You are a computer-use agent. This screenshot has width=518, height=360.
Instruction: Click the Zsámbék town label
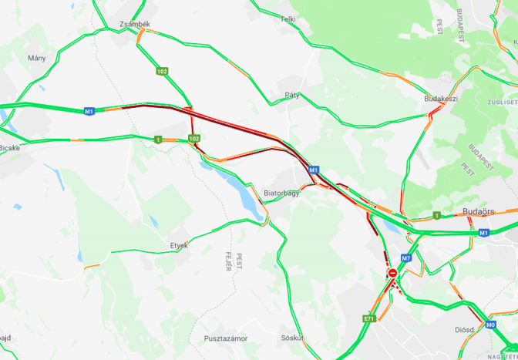[x=135, y=25]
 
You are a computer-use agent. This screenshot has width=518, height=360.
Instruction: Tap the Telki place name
[x=288, y=19]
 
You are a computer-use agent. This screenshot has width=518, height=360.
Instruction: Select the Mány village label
[x=36, y=58]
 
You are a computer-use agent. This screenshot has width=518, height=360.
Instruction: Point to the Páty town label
[x=292, y=95]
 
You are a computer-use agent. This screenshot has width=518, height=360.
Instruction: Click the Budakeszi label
[x=441, y=99]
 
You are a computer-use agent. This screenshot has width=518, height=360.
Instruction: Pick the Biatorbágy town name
[x=281, y=193]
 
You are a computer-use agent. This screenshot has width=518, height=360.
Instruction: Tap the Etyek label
[x=179, y=245]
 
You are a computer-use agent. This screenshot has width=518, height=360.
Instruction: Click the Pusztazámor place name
[x=225, y=338]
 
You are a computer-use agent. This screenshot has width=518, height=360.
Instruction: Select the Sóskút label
[x=291, y=338]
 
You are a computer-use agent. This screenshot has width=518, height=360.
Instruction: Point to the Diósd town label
[x=465, y=329]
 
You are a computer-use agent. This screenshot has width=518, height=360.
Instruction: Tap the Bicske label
[x=9, y=147]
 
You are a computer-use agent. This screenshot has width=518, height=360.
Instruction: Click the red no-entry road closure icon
[x=392, y=273]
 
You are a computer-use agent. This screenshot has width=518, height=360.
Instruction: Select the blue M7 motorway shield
[x=406, y=258]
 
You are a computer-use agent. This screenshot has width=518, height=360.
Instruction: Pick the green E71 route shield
[x=369, y=318]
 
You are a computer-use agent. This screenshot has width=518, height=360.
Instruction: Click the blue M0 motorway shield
[x=491, y=325]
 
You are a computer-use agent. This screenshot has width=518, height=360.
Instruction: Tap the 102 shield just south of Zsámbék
[x=161, y=72]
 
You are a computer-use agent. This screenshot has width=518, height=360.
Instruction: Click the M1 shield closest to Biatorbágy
[x=314, y=170]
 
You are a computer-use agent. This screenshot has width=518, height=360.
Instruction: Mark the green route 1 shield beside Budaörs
[x=436, y=215]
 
